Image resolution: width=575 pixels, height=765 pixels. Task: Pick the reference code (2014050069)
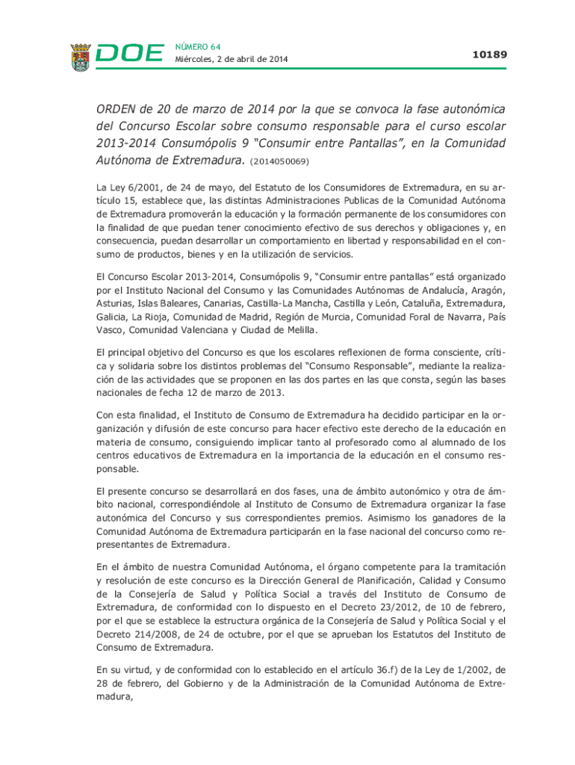[x=280, y=161]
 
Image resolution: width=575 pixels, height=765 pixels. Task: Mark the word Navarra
[x=453, y=317]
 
